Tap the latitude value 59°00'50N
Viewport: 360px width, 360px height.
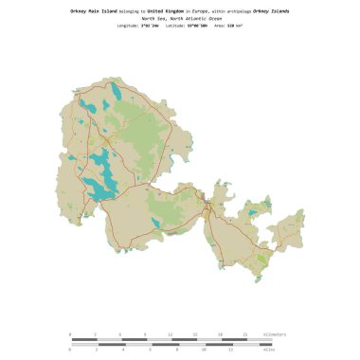(x=196, y=26)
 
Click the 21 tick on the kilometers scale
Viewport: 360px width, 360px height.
(x=245, y=334)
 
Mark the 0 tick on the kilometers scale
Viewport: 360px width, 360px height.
(x=70, y=334)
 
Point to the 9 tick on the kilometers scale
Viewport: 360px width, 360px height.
(x=145, y=334)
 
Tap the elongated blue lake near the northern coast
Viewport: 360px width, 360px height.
(x=116, y=92)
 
